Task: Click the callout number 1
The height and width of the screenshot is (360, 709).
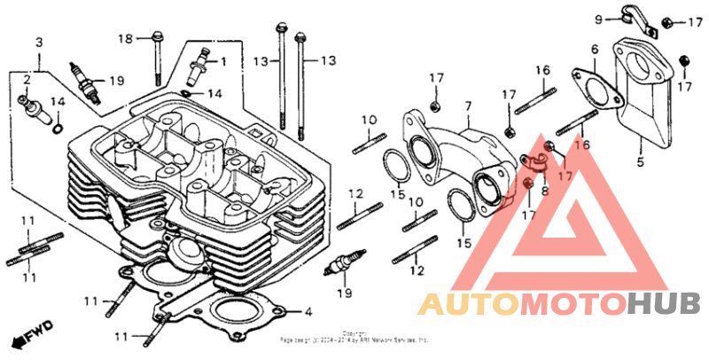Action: tap(222, 61)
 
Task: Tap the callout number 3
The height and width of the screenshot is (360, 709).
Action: tap(39, 43)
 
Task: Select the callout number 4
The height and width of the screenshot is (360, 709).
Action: tap(308, 312)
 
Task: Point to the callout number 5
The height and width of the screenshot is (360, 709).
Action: tap(638, 162)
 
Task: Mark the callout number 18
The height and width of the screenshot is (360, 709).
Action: tap(127, 38)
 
